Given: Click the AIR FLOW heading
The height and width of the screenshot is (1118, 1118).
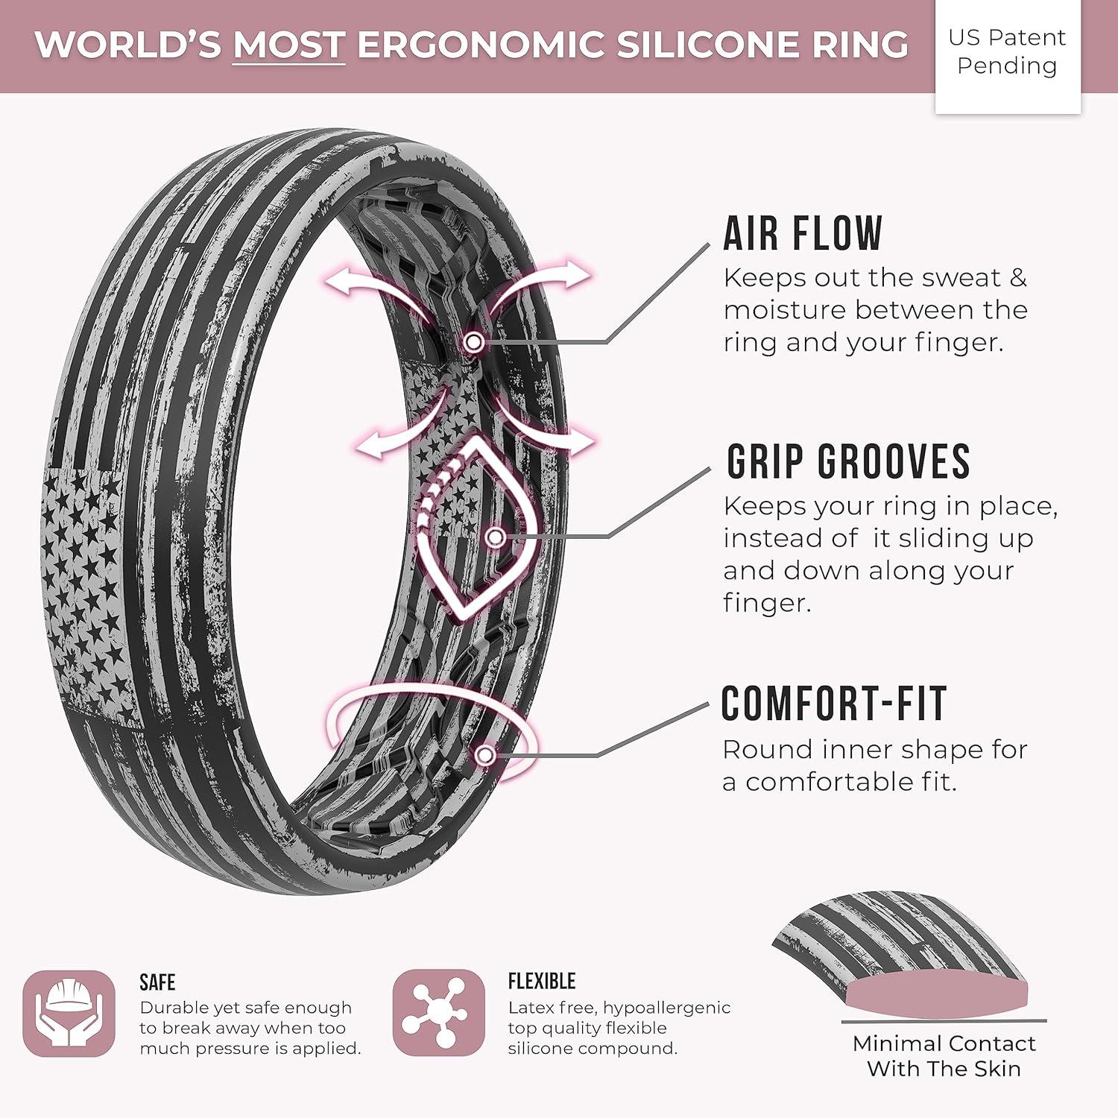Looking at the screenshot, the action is tap(803, 233).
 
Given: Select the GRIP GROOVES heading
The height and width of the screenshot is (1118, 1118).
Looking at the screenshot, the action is tap(848, 461).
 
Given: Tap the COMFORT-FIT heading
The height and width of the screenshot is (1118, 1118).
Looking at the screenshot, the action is tap(834, 704).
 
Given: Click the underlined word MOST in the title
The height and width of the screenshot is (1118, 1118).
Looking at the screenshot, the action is tap(288, 45).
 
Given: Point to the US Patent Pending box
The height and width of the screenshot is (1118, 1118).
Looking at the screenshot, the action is tap(1008, 57).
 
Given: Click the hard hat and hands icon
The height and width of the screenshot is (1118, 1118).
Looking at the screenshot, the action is tap(69, 1014).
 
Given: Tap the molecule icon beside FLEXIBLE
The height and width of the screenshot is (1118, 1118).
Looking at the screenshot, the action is tap(439, 1013).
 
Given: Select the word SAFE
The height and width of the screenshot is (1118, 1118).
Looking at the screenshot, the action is tap(157, 982).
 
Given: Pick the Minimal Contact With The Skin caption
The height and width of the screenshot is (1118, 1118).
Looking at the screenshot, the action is tap(944, 1055).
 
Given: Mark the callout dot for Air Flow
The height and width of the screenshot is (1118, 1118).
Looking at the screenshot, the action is tap(474, 342).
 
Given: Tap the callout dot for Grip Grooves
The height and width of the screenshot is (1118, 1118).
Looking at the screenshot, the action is tap(496, 537).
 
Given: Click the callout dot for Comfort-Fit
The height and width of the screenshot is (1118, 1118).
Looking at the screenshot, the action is tap(485, 756).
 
